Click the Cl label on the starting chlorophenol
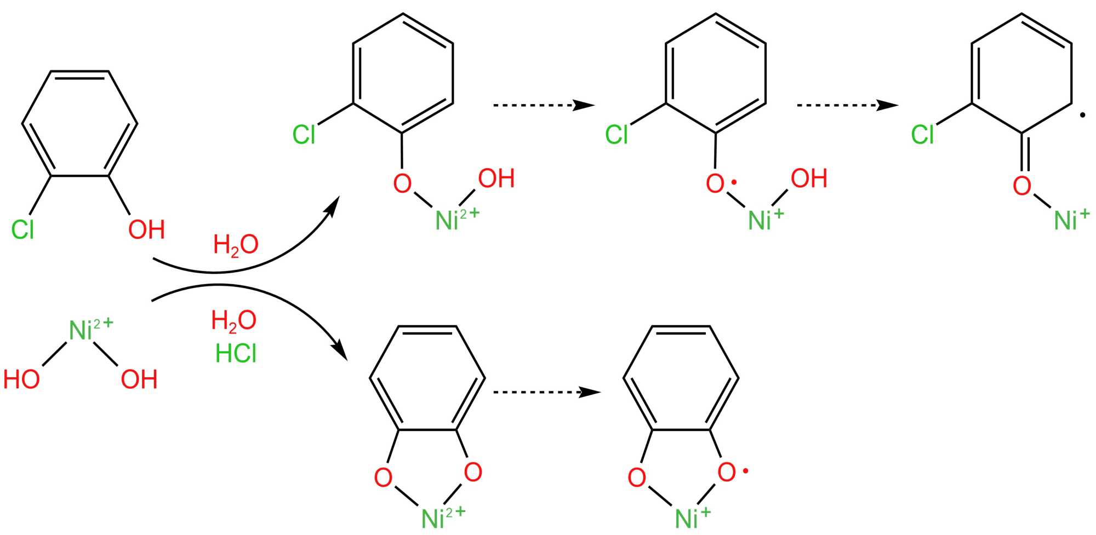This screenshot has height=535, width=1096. click(x=23, y=229)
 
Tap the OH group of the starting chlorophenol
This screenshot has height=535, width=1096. click(x=146, y=229)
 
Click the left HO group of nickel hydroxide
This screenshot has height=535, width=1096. click(x=22, y=379)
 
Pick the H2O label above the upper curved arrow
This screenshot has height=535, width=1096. click(x=236, y=244)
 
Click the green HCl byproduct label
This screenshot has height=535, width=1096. click(x=236, y=354)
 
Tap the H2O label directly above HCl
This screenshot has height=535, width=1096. click(x=234, y=320)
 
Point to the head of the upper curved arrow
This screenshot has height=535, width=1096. click(x=333, y=204)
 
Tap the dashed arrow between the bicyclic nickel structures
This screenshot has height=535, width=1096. click(x=546, y=392)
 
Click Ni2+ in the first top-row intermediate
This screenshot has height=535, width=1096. click(x=456, y=220)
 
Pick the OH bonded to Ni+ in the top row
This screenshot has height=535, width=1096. click(x=809, y=179)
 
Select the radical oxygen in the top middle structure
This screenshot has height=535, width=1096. click(x=716, y=183)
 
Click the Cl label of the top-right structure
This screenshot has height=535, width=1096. click(x=923, y=135)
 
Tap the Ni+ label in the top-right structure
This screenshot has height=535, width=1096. click(x=1071, y=220)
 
